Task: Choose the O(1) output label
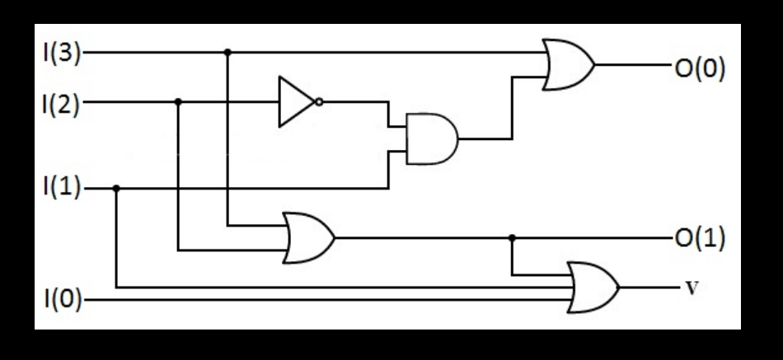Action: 700,239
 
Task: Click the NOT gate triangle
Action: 294,102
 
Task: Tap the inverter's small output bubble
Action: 319,102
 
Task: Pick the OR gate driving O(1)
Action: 307,237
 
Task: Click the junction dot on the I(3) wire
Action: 227,52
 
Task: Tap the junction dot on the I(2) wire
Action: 178,102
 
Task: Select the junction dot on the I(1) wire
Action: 116,189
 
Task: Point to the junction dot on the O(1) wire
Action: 512,239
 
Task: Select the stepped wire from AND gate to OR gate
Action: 512,107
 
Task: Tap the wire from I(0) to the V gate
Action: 330,301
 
